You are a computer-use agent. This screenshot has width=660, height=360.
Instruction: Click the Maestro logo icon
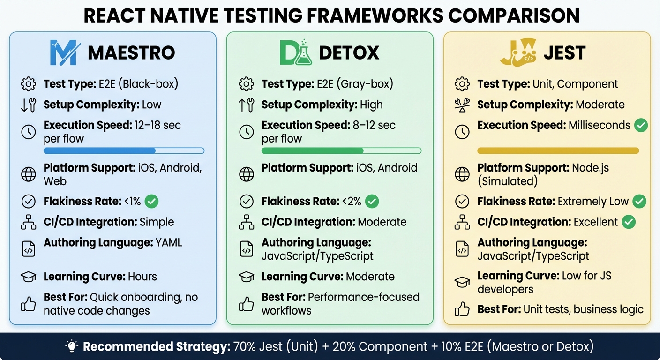(63, 52)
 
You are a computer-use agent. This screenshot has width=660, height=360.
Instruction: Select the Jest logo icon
(518, 52)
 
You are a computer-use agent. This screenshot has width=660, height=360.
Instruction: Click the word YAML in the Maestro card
(169, 243)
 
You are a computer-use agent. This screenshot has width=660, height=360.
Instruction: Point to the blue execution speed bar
(124, 151)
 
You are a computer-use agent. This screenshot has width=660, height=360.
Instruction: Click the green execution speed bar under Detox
(341, 151)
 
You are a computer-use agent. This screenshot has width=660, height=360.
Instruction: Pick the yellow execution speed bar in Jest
(558, 151)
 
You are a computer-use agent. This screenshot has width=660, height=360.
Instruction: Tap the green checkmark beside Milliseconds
(641, 126)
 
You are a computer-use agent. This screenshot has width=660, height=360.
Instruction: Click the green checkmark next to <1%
(151, 202)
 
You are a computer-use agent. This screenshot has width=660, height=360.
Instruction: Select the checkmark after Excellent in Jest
(629, 222)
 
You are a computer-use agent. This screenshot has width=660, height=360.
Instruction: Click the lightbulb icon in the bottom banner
(72, 347)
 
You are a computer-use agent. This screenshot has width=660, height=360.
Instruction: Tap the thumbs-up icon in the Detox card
(246, 304)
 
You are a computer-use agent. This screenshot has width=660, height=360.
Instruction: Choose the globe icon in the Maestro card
(29, 174)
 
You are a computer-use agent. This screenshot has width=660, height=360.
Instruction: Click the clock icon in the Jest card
(462, 132)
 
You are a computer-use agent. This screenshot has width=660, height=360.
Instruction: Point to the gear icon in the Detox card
(246, 84)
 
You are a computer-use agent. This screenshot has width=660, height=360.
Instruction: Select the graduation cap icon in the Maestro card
(29, 277)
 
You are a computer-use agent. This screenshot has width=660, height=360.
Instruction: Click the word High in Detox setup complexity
(371, 105)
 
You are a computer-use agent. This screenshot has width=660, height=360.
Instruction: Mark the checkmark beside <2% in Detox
(372, 202)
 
